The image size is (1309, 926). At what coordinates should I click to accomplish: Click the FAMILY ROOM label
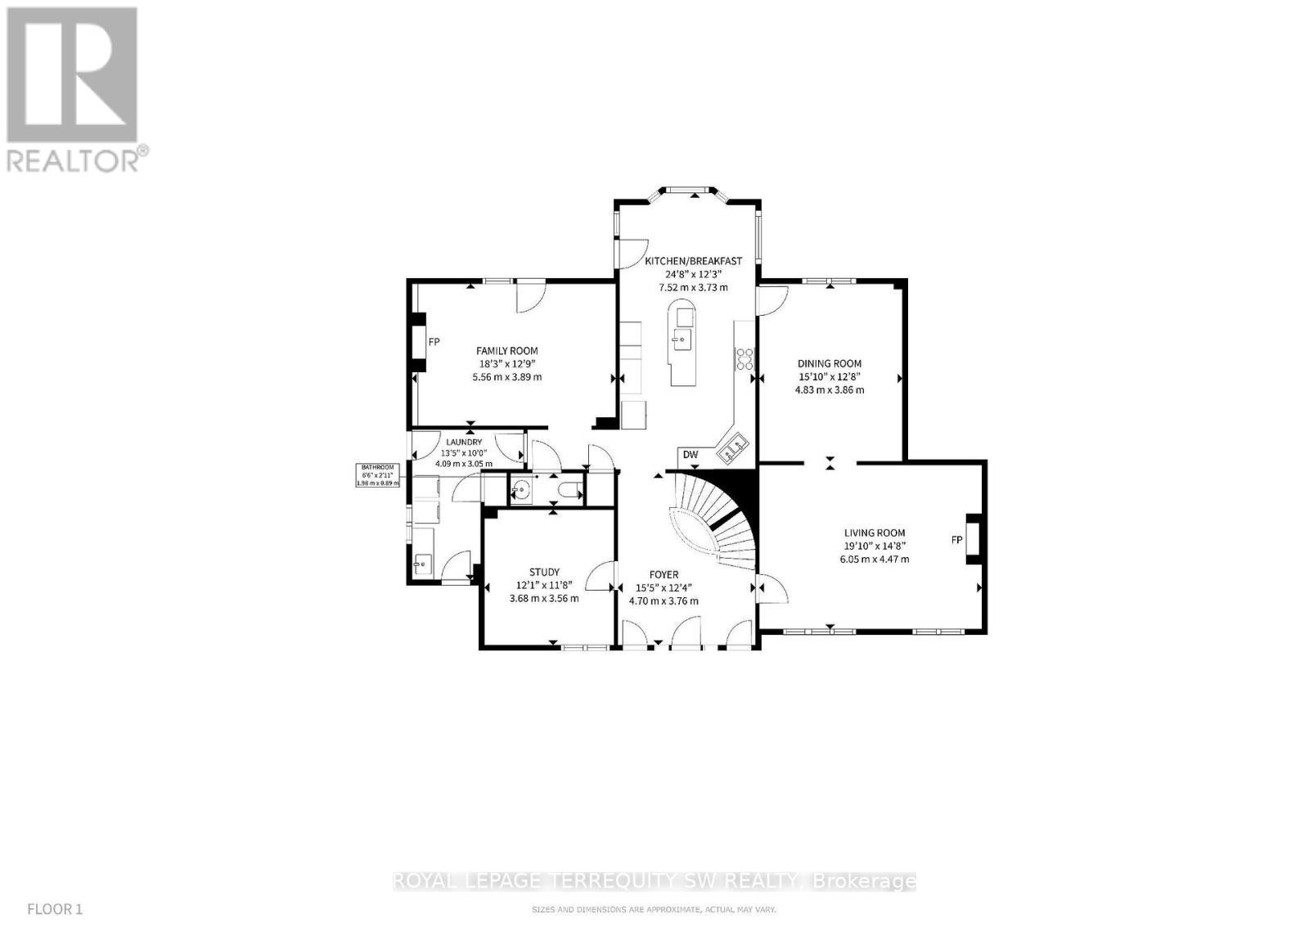click(507, 351)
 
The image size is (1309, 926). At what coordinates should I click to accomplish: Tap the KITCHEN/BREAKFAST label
click(693, 261)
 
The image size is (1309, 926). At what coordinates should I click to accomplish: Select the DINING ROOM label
click(830, 364)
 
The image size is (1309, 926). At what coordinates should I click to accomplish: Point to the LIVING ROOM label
click(875, 533)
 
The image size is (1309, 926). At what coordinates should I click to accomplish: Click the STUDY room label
click(544, 573)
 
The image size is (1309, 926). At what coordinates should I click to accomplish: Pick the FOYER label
click(663, 575)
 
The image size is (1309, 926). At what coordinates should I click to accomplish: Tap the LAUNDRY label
click(464, 443)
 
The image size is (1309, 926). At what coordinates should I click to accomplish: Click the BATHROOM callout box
click(379, 475)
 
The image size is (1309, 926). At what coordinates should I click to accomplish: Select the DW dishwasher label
click(690, 455)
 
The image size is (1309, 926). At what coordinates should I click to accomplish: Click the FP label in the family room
click(434, 342)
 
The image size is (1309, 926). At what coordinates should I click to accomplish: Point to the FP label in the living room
click(956, 540)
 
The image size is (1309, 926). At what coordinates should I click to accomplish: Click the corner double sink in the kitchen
click(733, 447)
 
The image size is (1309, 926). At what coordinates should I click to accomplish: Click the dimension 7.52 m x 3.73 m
click(693, 287)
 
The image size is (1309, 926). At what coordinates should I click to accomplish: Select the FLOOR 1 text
click(55, 909)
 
